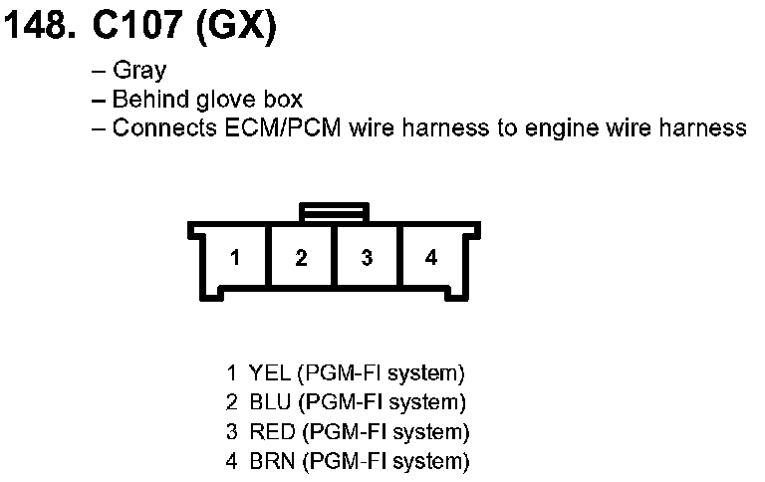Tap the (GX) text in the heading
pos(235,28)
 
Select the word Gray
pos(139,71)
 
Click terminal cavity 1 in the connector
pos(235,258)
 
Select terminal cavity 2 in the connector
pos(301,258)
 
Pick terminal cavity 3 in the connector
pos(367,258)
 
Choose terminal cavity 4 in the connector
pos(431,258)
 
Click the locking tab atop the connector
pos(334,211)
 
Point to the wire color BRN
pos(272,461)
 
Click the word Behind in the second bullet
pos(145,100)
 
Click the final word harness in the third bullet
pos(710,128)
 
